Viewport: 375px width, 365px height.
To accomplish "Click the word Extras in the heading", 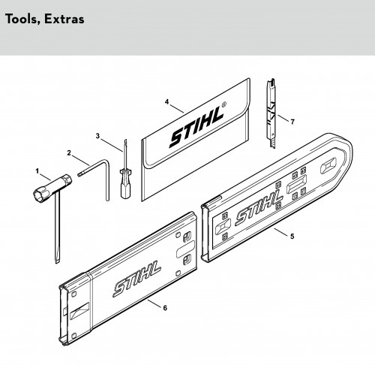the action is coord(64,19).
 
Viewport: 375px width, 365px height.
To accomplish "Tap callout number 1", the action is coord(37,171).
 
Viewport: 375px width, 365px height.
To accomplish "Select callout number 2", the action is coord(69,152).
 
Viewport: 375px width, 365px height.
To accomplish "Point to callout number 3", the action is coord(97,136).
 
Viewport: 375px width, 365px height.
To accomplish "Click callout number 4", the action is coord(166,102).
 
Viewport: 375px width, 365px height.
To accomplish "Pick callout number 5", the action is coord(292,237).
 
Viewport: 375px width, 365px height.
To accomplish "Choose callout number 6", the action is coord(165,308).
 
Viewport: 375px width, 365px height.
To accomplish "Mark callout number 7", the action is coord(292,122).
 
